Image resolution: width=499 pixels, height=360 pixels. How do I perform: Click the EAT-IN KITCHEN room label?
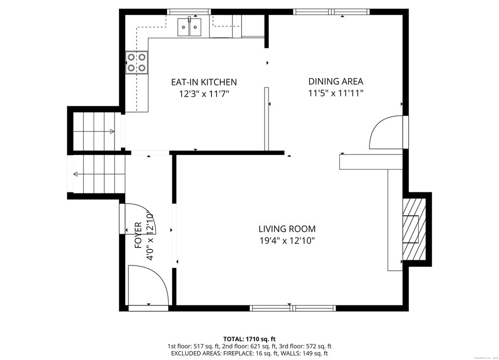click(204, 82)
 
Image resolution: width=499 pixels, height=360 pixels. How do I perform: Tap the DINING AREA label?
click(336, 81)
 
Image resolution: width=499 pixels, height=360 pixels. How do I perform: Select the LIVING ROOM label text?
click(287, 228)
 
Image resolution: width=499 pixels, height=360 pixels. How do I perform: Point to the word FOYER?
click(138, 236)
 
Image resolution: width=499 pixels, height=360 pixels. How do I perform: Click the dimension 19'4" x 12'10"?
click(287, 240)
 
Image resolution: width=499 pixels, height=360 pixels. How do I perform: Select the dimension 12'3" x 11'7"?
click(204, 94)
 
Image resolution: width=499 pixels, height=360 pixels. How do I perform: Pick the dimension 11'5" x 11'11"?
click(336, 93)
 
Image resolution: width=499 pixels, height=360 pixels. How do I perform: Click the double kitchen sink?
click(189, 26)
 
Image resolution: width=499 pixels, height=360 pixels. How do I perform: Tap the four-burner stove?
click(136, 62)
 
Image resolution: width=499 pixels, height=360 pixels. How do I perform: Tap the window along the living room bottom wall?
click(292, 308)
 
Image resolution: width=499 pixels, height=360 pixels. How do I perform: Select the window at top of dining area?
click(331, 12)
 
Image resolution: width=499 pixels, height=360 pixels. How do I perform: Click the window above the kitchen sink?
click(189, 12)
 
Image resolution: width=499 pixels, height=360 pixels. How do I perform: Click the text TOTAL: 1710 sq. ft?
click(249, 339)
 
